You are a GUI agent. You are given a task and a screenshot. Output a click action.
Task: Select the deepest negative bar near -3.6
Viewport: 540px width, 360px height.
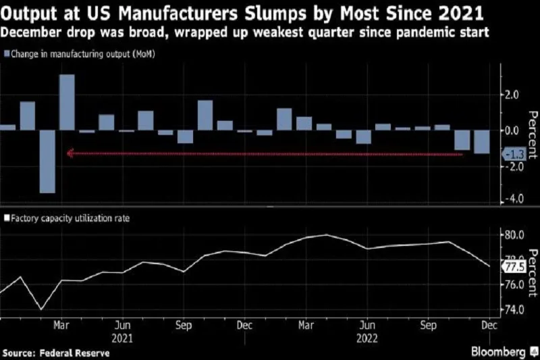pos(47,161)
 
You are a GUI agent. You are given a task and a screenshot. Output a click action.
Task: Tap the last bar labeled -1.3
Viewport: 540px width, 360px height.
pos(482,142)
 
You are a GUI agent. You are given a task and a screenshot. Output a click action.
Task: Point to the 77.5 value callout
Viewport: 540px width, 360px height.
pos(514,267)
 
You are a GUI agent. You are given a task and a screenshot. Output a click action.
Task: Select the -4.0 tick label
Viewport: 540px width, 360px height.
pos(514,199)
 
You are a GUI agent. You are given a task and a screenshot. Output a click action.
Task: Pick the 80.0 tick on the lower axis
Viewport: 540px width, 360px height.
pos(514,235)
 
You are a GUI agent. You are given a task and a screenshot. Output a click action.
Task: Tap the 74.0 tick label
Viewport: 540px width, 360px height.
pos(514,309)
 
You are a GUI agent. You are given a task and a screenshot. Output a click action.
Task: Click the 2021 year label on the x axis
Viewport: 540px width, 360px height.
pos(122,336)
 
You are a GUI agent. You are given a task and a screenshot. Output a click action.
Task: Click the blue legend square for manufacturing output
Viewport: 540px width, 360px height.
pos(6,54)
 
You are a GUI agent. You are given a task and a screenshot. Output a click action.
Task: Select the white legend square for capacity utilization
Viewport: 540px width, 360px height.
pos(6,219)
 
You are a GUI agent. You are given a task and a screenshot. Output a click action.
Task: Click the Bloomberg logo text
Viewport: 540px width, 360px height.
pos(497,353)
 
